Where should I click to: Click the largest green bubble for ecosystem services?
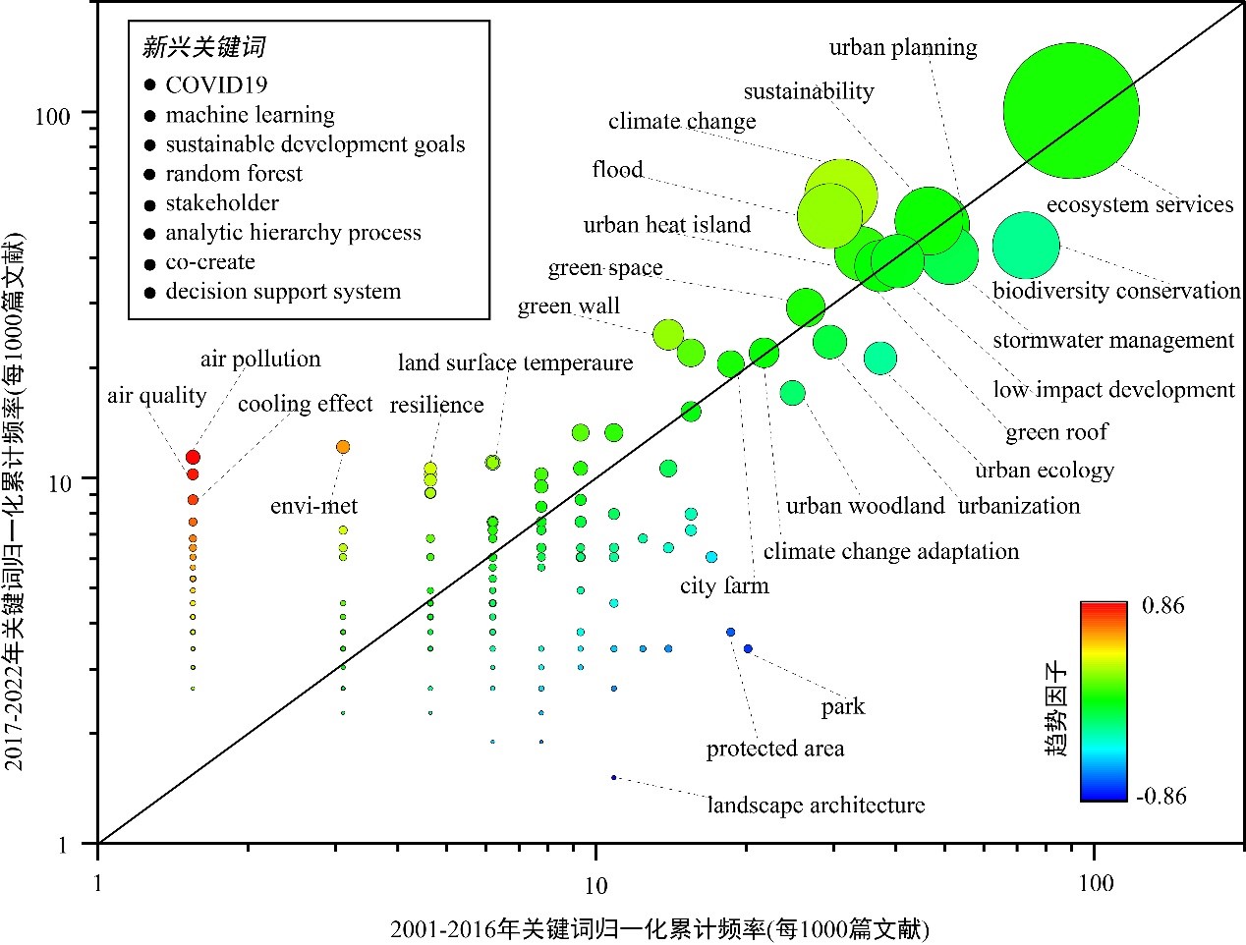click(x=1070, y=111)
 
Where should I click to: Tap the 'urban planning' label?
click(x=902, y=47)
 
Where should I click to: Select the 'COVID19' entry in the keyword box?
click(x=216, y=85)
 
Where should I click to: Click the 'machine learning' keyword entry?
click(x=250, y=115)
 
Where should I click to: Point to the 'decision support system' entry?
click(x=283, y=292)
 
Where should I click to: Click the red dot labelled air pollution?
click(x=194, y=458)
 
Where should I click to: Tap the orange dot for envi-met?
click(x=343, y=447)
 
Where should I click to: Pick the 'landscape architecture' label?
click(x=816, y=806)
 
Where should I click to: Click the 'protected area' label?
click(x=774, y=749)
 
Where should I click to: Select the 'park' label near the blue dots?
click(x=843, y=707)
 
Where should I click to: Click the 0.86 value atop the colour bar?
click(x=1162, y=605)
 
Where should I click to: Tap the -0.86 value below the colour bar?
click(x=1161, y=796)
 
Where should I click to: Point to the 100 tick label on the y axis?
click(x=52, y=116)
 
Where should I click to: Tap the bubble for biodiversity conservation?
click(x=1026, y=246)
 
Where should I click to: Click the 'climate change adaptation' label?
click(x=890, y=552)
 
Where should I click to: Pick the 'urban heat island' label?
click(x=666, y=225)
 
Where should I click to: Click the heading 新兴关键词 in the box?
click(x=203, y=47)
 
